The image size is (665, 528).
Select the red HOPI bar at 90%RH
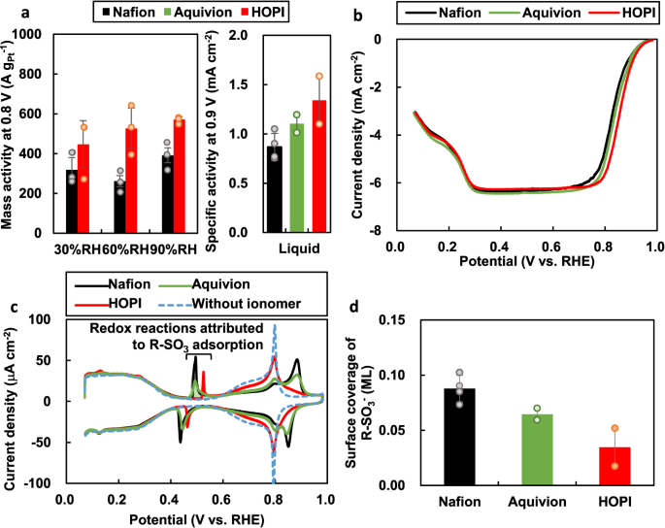pyautogui.click(x=178, y=176)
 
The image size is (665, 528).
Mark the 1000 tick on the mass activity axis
pyautogui.click(x=34, y=35)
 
